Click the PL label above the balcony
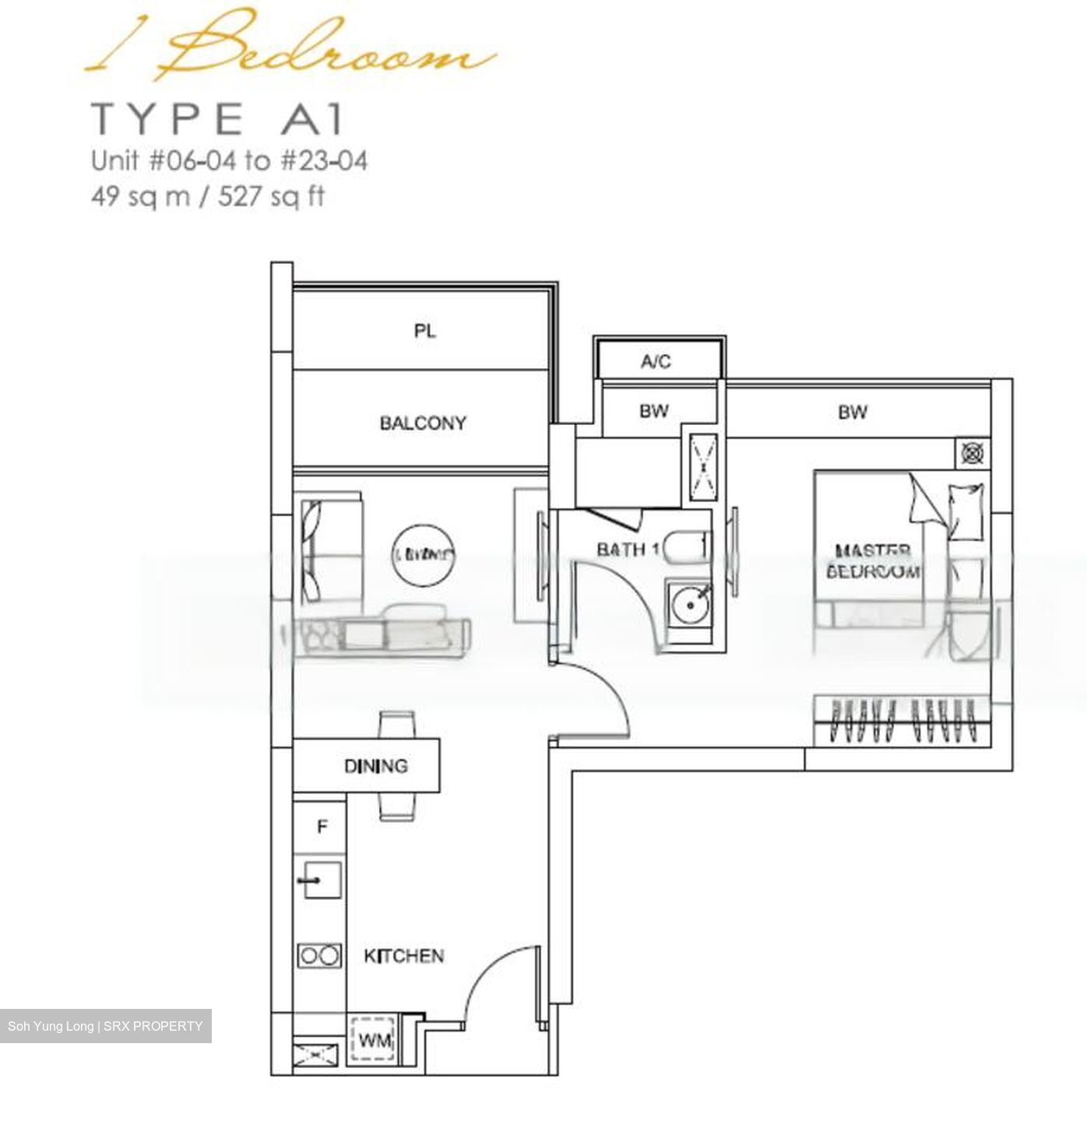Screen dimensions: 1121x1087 (x=424, y=332)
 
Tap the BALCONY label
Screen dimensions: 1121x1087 (x=423, y=423)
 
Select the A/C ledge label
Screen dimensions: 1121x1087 (x=656, y=361)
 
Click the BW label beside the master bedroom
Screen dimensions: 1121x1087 (x=853, y=412)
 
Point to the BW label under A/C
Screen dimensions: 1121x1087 (x=654, y=410)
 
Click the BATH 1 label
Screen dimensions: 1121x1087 (x=628, y=550)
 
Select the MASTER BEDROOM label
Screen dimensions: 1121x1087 (x=873, y=561)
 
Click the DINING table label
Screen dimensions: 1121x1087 (x=376, y=766)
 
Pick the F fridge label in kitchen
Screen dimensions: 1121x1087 (x=322, y=827)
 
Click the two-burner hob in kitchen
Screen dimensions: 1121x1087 (x=319, y=955)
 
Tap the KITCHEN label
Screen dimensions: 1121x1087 (x=403, y=955)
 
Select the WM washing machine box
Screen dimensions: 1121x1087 (x=375, y=1040)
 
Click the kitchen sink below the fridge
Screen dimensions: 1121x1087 (x=321, y=880)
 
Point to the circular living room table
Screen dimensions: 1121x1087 (x=421, y=554)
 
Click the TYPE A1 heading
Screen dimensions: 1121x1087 (x=217, y=119)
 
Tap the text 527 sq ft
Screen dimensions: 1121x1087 (x=271, y=196)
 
